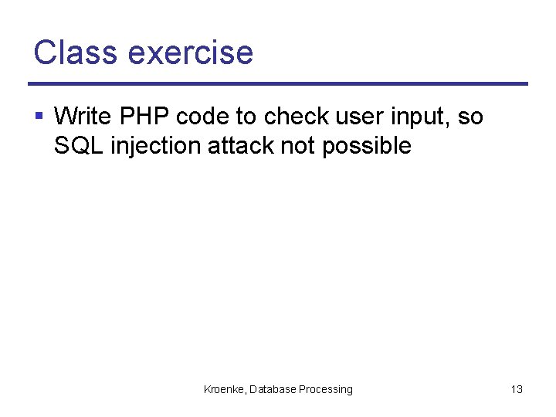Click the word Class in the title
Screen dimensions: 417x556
(x=75, y=53)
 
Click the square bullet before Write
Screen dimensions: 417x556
(x=39, y=117)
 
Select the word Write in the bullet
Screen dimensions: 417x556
(x=82, y=117)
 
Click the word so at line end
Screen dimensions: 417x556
(x=470, y=117)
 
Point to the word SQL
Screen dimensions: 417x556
(x=79, y=145)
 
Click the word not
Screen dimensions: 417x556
(x=297, y=145)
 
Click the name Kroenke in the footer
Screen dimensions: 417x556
(x=224, y=389)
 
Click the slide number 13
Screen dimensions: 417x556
(x=517, y=389)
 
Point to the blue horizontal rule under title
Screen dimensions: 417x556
(x=278, y=83)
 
